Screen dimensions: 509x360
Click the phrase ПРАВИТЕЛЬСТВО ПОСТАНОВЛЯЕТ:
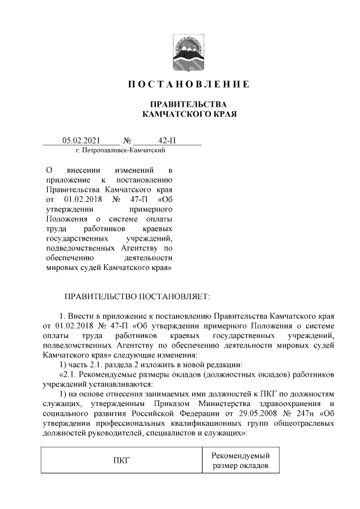137,295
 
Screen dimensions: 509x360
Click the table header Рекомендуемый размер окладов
241,461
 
